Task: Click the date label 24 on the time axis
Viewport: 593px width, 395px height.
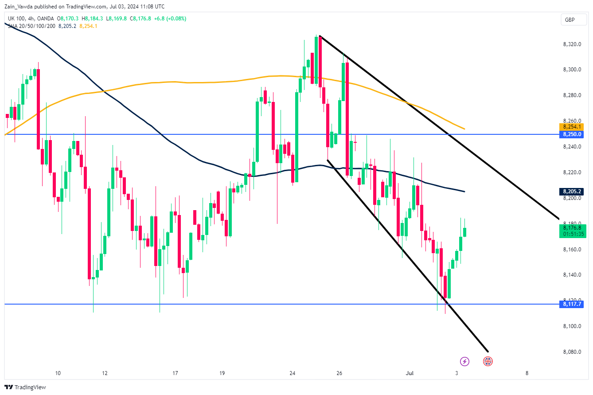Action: pos(293,373)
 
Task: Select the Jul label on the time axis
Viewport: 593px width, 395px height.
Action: pos(409,373)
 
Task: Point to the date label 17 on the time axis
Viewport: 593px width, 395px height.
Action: pos(176,373)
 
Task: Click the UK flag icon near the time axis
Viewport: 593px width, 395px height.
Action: pos(488,361)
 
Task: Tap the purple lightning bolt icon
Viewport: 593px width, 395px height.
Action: pos(464,361)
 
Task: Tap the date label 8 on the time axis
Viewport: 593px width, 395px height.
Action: pos(527,373)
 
